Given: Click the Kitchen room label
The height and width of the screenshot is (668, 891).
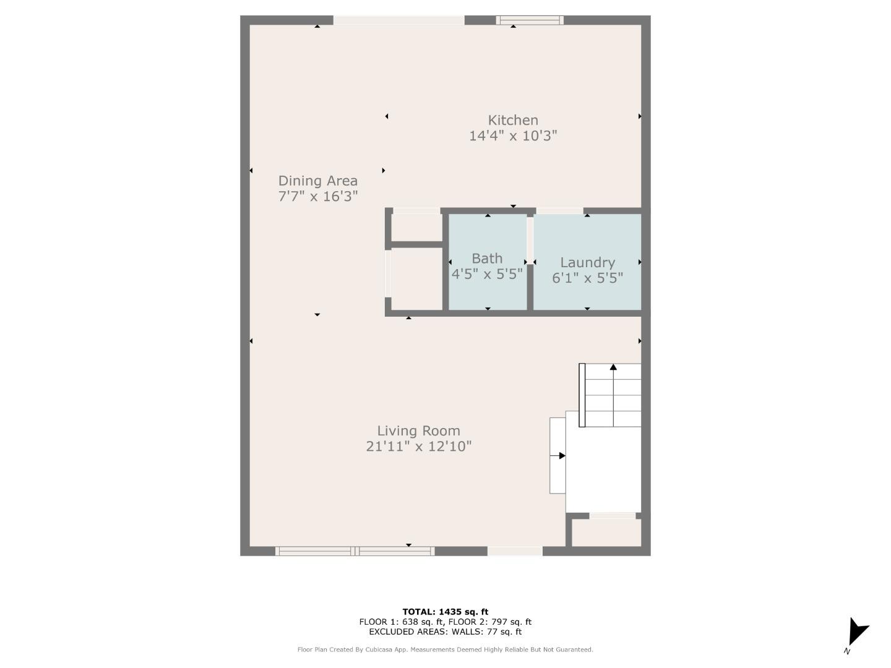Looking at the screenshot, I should [513, 120].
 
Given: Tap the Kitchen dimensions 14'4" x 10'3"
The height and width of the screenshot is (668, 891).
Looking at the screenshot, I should [513, 135].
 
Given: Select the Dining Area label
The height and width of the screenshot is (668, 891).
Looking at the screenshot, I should [317, 181].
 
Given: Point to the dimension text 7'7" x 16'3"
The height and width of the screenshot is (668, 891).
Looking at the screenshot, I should [317, 196].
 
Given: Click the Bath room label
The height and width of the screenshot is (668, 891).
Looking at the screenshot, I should [487, 258].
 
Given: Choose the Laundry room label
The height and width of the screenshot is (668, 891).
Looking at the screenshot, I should [587, 262].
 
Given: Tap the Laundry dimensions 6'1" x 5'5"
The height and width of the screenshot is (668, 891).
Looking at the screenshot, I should [587, 278].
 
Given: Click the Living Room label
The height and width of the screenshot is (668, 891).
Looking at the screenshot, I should [418, 430].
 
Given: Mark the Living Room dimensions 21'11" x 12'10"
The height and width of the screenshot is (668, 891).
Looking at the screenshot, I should [418, 446].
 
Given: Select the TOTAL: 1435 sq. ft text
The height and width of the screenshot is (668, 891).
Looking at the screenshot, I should [445, 612].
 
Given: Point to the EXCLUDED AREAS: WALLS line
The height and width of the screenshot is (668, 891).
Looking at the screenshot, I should [445, 632].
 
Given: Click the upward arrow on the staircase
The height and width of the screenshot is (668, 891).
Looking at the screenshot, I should [613, 368].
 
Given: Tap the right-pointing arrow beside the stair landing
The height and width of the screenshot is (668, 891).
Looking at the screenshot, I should [561, 456].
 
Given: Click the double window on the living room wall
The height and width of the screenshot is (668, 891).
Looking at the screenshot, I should [355, 550].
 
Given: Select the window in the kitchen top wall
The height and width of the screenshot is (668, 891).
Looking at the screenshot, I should [530, 20].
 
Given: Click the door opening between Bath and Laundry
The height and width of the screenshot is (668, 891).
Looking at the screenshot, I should [530, 238].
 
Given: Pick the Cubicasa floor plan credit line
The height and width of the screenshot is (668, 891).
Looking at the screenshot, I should [445, 649].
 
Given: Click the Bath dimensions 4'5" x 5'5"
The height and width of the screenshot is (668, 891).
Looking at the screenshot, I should [487, 273].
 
